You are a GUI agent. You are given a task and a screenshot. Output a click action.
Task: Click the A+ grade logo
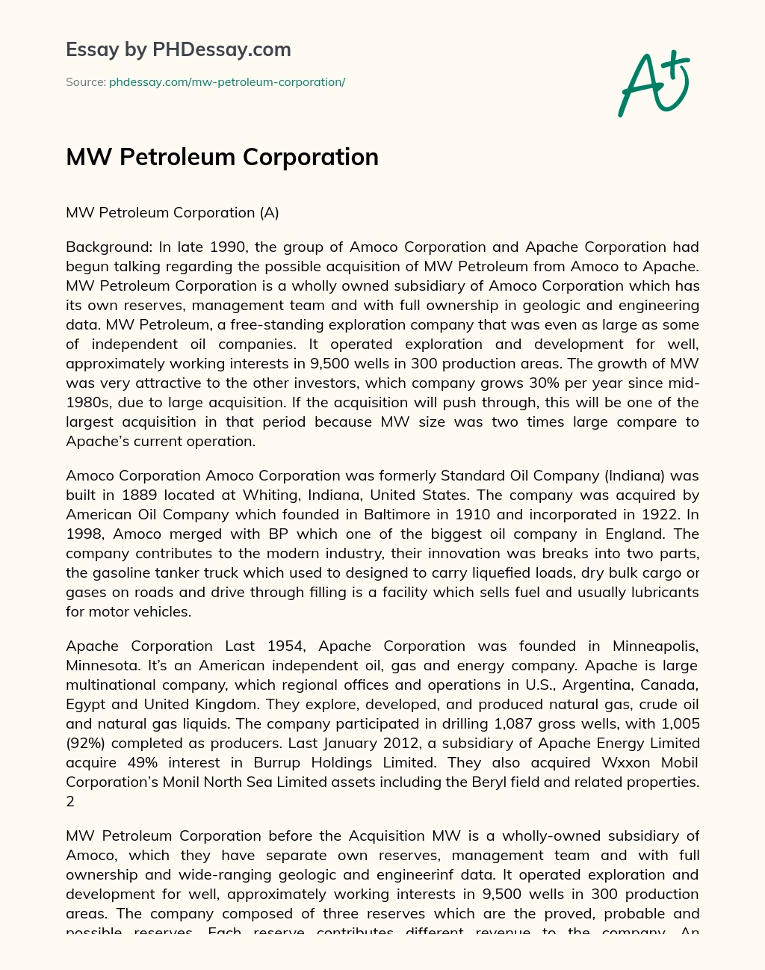(x=654, y=84)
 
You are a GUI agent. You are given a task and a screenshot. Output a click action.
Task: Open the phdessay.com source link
(x=226, y=82)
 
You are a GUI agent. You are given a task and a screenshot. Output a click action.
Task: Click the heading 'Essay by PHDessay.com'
(x=178, y=49)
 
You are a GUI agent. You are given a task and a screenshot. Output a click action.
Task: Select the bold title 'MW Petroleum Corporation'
(x=222, y=157)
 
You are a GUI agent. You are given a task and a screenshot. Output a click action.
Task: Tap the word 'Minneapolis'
(x=655, y=646)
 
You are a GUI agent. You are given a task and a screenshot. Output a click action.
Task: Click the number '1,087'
(x=518, y=723)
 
